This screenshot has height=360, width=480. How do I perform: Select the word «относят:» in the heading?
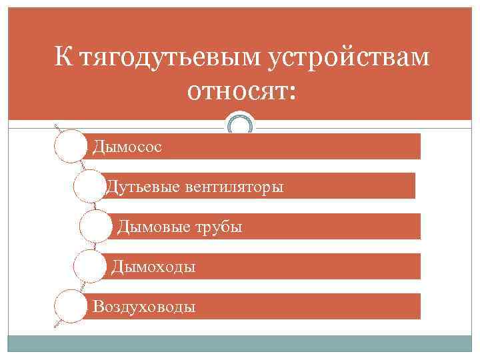[241, 93]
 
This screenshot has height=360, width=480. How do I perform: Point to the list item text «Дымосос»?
[127, 146]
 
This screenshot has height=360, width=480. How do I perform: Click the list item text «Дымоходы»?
[153, 267]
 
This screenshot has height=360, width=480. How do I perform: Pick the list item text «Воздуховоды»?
[144, 307]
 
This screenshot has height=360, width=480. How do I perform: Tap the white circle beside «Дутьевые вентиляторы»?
[89, 187]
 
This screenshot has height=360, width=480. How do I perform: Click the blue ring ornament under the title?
[241, 125]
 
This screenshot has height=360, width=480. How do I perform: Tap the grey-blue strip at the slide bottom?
[240, 344]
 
